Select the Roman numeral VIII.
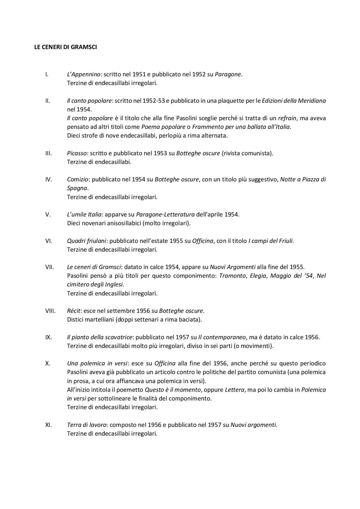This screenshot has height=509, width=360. pyautogui.click(x=50, y=311)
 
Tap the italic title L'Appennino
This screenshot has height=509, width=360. pyautogui.click(x=84, y=74)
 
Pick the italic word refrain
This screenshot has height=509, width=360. pyautogui.click(x=287, y=118)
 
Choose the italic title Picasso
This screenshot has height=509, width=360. pyautogui.click(x=77, y=153)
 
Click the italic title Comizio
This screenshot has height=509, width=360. pyautogui.click(x=78, y=179)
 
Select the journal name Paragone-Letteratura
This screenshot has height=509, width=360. pyautogui.click(x=165, y=214)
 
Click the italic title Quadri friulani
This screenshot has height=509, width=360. pyautogui.click(x=87, y=241)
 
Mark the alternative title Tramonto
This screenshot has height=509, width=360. pyautogui.click(x=232, y=276)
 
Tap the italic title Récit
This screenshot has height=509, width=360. pyautogui.click(x=74, y=311)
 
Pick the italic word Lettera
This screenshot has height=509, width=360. pyautogui.click(x=235, y=390)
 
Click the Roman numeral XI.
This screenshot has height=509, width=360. pyautogui.click(x=48, y=425)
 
